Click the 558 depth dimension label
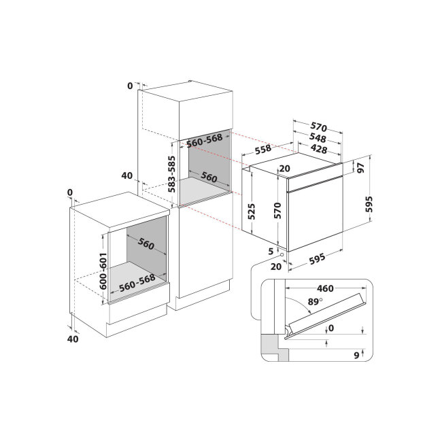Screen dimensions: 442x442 pos(263,150)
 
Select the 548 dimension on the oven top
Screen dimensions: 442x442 pos(318,137)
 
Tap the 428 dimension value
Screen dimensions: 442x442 pos(319,148)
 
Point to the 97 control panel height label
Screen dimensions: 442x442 pos(361,168)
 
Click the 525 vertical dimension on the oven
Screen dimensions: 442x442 pos(251,211)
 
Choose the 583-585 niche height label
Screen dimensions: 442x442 pos(171,174)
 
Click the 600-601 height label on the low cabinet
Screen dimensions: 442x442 pos(103,271)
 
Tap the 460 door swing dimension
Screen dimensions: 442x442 pos(325,288)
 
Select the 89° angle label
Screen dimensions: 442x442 pos(315,302)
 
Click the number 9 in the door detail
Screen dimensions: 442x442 pos(356,356)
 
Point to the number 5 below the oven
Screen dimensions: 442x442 pos(271,251)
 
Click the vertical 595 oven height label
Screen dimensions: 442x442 pos(369,204)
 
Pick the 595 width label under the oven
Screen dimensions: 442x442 pos(317,259)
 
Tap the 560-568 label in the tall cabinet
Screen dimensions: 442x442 pos(205,140)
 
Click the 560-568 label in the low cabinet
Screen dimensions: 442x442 pos(137,283)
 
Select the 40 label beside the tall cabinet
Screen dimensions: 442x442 pos(127,175)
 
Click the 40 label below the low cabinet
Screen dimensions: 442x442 pos(73,339)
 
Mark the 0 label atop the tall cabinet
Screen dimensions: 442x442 pos(130,86)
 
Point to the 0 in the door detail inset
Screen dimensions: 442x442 pos(331,328)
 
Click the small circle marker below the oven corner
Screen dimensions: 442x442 pos(282,254)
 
